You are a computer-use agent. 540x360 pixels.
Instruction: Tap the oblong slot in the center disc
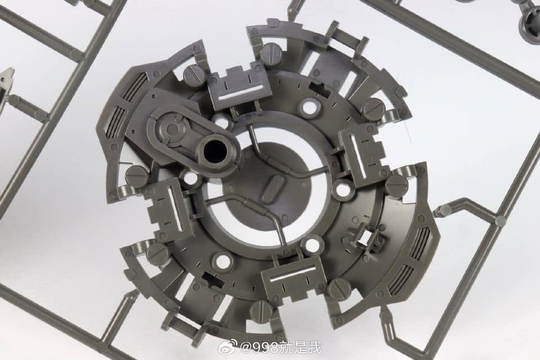point(274,188)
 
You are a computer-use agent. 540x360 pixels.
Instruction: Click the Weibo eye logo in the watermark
point(228,348)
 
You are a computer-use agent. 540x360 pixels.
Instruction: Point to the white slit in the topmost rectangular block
point(241,92)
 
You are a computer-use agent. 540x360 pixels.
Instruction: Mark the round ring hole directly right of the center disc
point(343,190)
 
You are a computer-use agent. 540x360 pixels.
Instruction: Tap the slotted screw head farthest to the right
point(397,185)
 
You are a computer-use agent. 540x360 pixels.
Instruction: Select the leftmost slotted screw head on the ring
point(136,176)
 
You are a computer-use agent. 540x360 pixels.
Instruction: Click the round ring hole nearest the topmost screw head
point(309,106)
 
